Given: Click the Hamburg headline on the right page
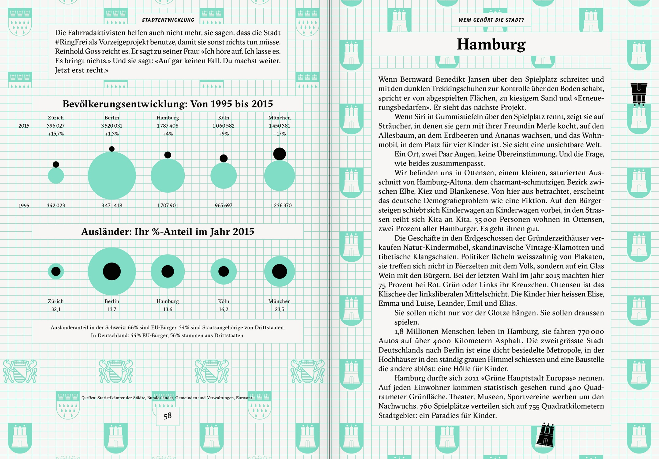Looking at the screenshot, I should [x=491, y=44].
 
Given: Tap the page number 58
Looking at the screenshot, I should [x=168, y=416].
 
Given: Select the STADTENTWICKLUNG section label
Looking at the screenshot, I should [x=168, y=20].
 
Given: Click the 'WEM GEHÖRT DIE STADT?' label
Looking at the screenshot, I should [x=491, y=20].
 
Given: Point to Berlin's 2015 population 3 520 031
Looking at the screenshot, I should [x=111, y=126].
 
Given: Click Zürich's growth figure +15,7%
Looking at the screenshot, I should [x=56, y=134].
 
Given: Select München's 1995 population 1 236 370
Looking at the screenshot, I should [x=281, y=205].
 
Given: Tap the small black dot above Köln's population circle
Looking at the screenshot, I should [x=224, y=158].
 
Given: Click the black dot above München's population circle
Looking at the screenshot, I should [x=279, y=154].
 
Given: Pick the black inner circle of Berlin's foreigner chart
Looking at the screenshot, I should [x=112, y=271].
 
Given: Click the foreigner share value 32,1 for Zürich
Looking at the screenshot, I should [x=56, y=309].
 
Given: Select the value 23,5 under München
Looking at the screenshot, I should [x=279, y=309].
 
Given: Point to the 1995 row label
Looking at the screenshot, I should [x=24, y=205].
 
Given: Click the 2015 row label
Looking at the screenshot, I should [x=24, y=126].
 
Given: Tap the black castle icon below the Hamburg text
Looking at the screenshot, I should [x=545, y=435].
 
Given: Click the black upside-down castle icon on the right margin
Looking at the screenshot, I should [x=639, y=94].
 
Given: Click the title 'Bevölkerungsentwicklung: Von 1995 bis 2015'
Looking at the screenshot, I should [x=168, y=104].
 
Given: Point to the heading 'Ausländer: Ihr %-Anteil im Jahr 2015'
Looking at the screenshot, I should [x=168, y=232].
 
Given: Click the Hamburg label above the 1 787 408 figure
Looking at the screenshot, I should [x=168, y=118].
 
